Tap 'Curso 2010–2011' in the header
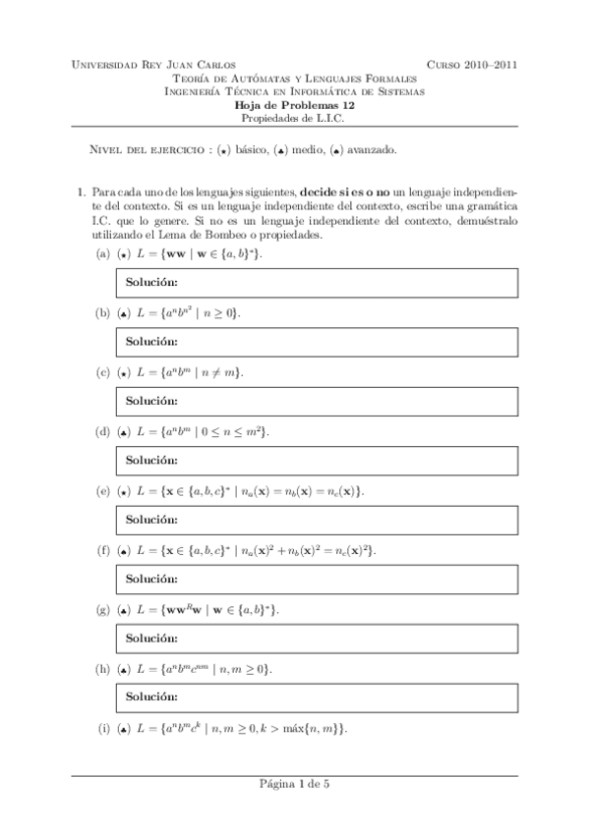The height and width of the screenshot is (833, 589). tap(472, 65)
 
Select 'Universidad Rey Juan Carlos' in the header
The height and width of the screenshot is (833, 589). tap(154, 65)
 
